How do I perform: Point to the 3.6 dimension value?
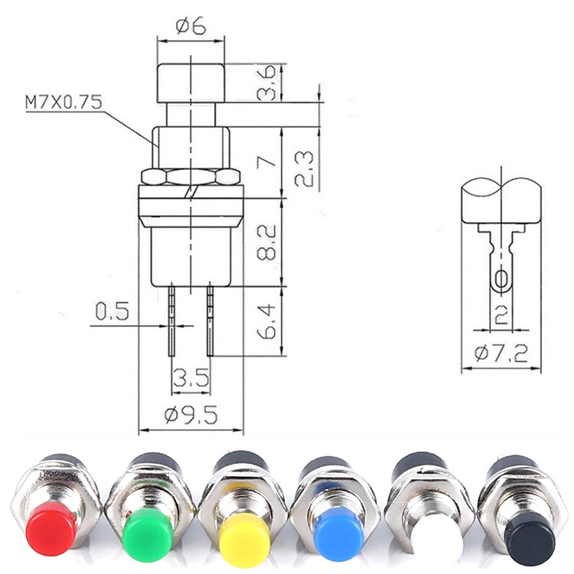click(x=266, y=83)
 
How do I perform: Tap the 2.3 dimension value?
click(x=304, y=168)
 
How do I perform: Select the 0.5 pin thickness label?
click(x=112, y=311)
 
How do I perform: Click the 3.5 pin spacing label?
click(x=190, y=377)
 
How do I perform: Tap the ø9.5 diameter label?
click(x=191, y=415)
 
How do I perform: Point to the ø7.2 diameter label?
click(x=501, y=354)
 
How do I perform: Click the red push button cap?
click(x=51, y=528)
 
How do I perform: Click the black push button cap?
click(x=530, y=537)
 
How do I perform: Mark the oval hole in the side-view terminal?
click(x=501, y=280)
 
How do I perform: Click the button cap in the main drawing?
click(x=191, y=82)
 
